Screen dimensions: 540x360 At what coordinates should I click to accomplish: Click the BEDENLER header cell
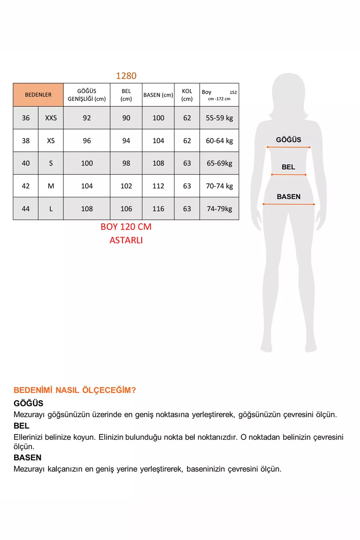click(x=38, y=95)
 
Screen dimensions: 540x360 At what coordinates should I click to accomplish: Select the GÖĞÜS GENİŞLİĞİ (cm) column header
click(x=86, y=95)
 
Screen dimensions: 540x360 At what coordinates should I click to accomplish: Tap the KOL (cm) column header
click(x=187, y=95)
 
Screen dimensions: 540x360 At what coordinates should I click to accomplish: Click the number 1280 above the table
click(x=126, y=76)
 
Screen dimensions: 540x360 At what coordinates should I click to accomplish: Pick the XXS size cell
click(x=51, y=118)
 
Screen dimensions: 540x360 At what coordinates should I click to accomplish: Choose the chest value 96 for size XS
click(x=87, y=141)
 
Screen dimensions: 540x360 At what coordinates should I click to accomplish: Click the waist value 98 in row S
click(x=126, y=163)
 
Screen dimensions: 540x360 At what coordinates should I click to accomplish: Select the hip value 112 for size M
click(x=158, y=186)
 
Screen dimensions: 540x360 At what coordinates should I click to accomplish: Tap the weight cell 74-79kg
click(x=219, y=209)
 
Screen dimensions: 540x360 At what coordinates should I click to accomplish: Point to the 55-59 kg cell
click(x=219, y=118)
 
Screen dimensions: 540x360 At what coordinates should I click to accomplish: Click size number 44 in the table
click(x=26, y=209)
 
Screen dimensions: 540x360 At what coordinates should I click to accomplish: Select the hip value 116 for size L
click(x=158, y=209)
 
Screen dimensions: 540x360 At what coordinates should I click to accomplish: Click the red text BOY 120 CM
click(x=126, y=227)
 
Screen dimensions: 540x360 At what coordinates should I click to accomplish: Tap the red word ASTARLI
click(x=126, y=240)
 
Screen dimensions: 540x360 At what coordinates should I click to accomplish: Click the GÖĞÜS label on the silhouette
click(x=288, y=140)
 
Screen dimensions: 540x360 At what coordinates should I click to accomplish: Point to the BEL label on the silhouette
click(x=288, y=167)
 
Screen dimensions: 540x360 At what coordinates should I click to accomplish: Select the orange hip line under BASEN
click(x=288, y=204)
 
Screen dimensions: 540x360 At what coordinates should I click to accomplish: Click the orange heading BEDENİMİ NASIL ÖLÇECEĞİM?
click(x=75, y=390)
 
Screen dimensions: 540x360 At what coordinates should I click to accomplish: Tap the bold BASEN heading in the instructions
click(x=28, y=458)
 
